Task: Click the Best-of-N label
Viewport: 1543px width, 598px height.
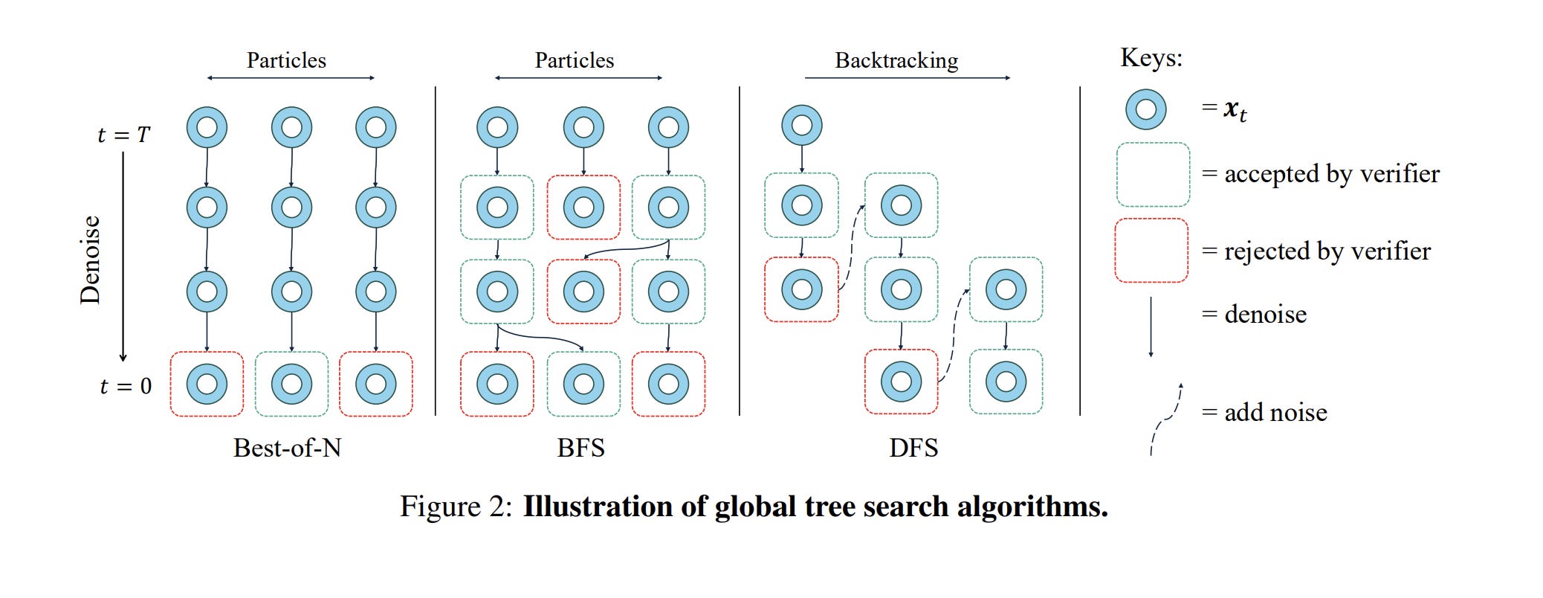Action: (x=287, y=448)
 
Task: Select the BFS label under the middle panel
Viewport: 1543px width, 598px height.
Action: (x=580, y=448)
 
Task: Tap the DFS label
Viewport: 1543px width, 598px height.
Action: (x=913, y=448)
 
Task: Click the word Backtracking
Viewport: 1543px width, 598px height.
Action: (x=896, y=60)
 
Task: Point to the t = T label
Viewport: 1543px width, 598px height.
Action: (x=123, y=135)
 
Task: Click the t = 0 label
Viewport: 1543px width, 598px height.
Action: (x=125, y=386)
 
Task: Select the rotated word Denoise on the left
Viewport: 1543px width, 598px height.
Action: (x=90, y=260)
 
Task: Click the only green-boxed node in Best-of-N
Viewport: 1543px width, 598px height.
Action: (x=291, y=384)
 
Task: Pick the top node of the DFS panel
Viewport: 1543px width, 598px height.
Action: (x=801, y=125)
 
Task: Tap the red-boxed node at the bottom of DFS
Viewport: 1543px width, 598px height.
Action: (x=901, y=382)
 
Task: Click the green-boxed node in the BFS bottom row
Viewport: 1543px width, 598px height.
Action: (x=583, y=384)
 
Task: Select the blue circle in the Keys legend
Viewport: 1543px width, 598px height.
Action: (x=1145, y=109)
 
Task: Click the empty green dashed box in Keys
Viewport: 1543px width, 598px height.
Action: (x=1153, y=175)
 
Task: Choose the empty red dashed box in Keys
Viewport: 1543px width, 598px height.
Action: (x=1151, y=251)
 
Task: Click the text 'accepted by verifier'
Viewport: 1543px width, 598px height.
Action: (x=1331, y=174)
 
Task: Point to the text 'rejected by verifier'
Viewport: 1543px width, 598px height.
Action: (x=1327, y=251)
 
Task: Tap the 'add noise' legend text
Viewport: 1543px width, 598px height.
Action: (x=1275, y=412)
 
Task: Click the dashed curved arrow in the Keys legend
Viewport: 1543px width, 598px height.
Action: (x=1165, y=419)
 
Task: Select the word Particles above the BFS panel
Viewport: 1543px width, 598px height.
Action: (x=575, y=60)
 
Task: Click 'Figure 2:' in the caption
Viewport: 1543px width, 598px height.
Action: (x=456, y=507)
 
